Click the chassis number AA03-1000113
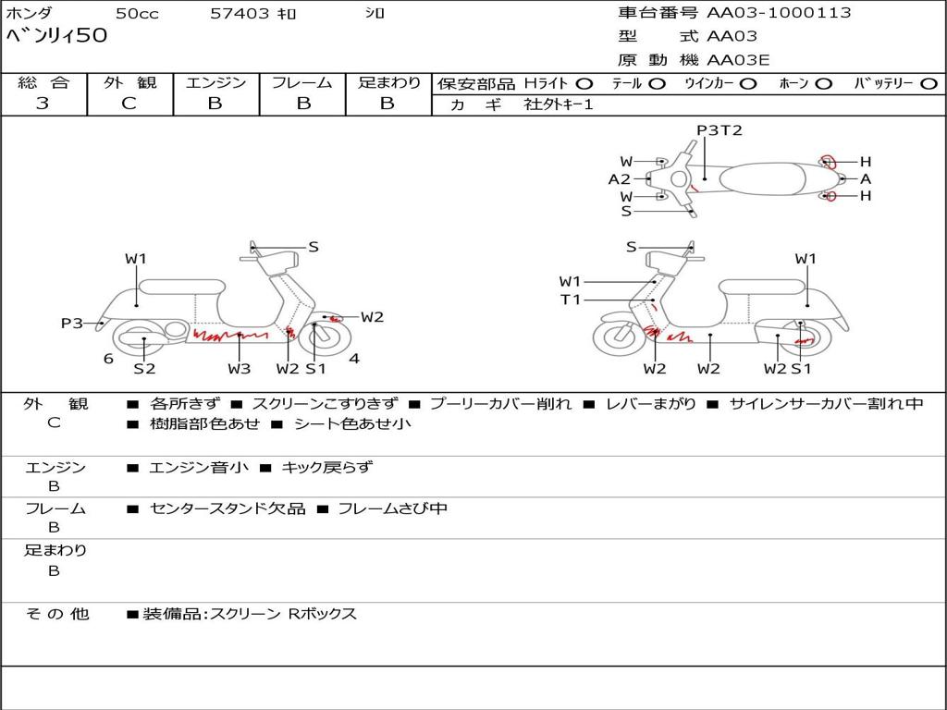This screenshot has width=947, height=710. [x=779, y=12]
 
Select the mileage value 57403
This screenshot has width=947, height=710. [x=239, y=13]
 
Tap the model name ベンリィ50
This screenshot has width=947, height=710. [x=56, y=36]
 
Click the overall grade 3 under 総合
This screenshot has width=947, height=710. [x=43, y=103]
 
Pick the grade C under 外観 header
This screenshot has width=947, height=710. [x=129, y=103]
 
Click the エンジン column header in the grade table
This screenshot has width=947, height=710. [x=215, y=82]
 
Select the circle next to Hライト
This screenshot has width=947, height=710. [x=584, y=84]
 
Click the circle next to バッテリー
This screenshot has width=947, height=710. [x=929, y=84]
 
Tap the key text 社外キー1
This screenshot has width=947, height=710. [x=559, y=104]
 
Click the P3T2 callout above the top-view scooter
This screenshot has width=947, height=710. [x=719, y=130]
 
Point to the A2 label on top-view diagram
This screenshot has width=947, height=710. [x=619, y=179]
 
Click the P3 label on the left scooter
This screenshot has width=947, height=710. [x=72, y=324]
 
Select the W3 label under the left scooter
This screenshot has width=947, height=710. [x=240, y=369]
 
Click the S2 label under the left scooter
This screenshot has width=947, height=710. [x=144, y=369]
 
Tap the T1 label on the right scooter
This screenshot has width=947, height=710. [x=570, y=300]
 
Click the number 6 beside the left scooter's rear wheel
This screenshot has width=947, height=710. [x=108, y=359]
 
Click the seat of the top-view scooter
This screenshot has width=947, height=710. [x=762, y=179]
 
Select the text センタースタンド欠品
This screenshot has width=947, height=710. [x=228, y=509]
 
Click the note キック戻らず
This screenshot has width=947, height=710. [x=327, y=467]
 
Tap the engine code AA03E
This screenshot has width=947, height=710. [x=738, y=60]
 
